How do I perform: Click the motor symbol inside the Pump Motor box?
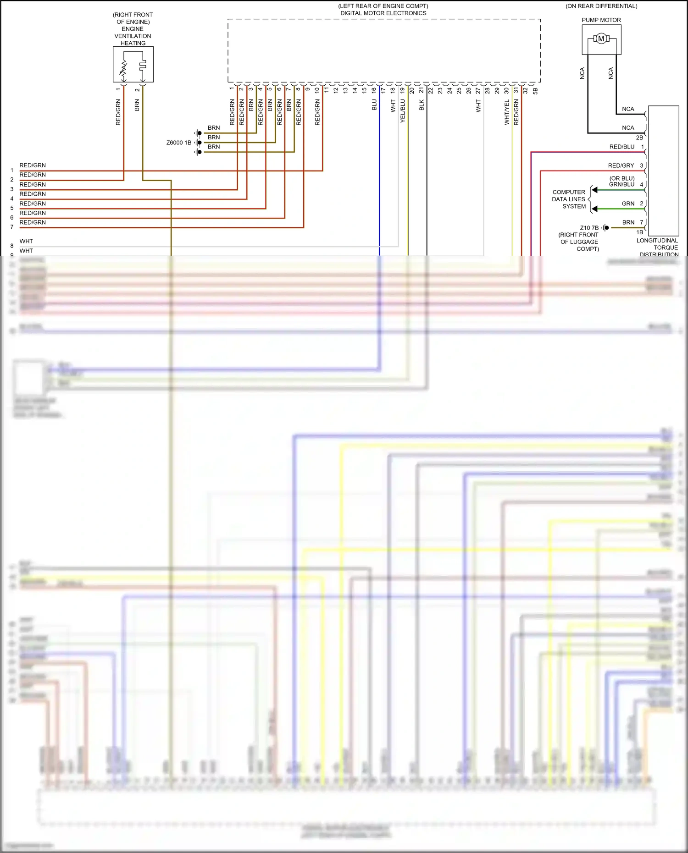(601, 39)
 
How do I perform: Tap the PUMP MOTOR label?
(601, 20)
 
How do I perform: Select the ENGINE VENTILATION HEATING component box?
(133, 64)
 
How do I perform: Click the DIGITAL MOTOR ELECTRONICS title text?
(383, 13)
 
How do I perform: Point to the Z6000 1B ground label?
(179, 143)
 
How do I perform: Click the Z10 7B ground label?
(589, 228)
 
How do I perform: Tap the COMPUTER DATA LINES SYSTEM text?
(569, 199)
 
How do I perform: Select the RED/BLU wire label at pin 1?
(621, 147)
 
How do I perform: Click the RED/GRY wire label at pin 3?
(621, 165)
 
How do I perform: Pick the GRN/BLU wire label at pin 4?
(621, 185)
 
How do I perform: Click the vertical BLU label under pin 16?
(374, 105)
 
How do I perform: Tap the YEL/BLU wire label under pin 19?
(403, 111)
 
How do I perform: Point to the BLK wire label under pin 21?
(422, 105)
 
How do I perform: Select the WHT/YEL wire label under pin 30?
(507, 112)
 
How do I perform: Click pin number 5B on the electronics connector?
(535, 91)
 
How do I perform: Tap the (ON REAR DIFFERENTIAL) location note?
(601, 6)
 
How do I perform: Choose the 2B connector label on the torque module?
(639, 138)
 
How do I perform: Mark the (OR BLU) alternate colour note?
(622, 178)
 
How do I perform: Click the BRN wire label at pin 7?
(628, 222)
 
